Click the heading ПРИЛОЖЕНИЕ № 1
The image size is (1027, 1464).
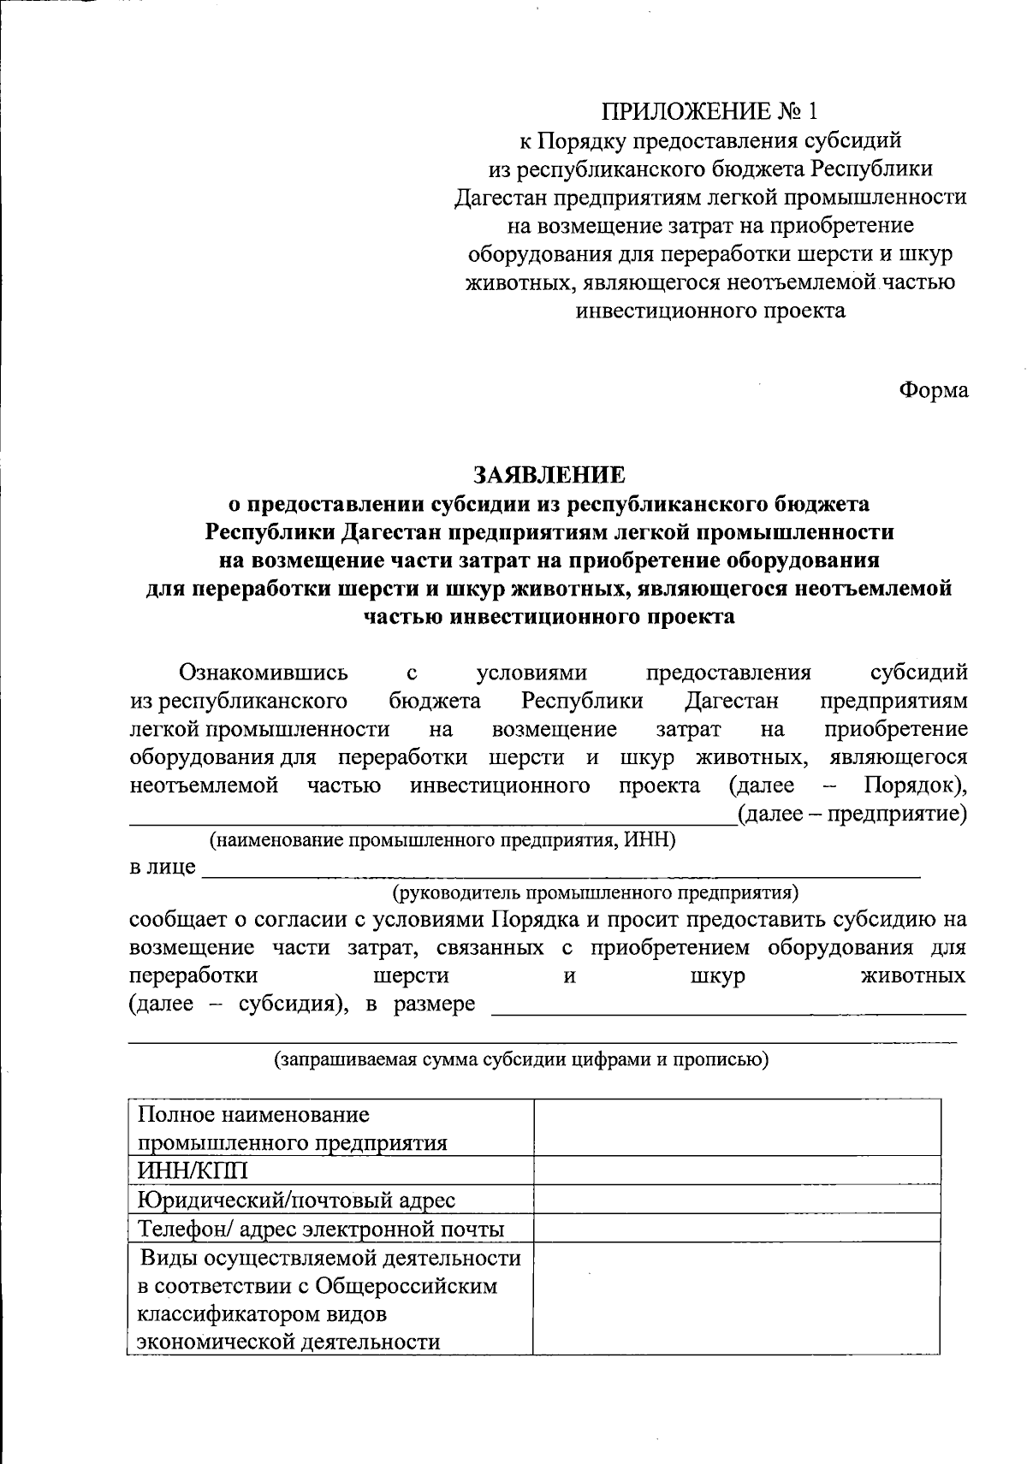point(709,111)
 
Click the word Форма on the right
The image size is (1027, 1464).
point(933,390)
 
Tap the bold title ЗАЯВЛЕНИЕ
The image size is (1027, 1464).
point(550,474)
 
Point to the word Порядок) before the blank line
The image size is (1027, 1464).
point(915,785)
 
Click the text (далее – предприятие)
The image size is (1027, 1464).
point(852,814)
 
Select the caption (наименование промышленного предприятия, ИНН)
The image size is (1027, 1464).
point(442,840)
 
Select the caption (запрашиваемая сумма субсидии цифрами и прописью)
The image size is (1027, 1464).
point(520,1059)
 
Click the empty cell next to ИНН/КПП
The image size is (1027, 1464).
point(736,1171)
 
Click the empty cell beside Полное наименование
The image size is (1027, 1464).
point(736,1128)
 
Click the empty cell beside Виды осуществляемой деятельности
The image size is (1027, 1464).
point(736,1299)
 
